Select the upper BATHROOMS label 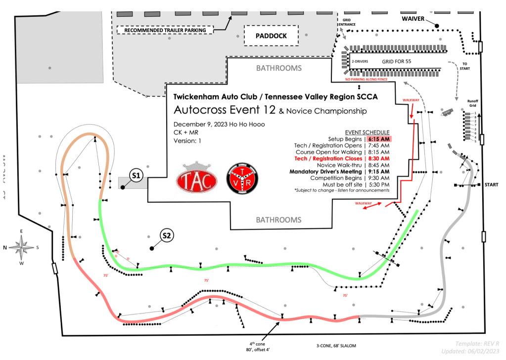278,68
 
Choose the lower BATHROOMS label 278,220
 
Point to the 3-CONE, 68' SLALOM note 336,346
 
